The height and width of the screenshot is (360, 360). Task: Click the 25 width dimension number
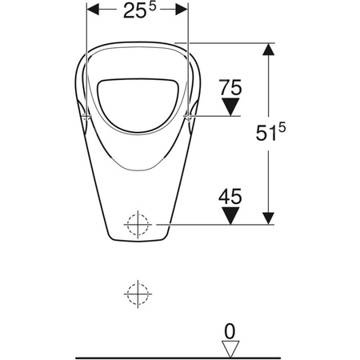(135, 11)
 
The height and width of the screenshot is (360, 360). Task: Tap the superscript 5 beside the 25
(152, 6)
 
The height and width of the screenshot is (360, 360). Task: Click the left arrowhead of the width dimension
(93, 10)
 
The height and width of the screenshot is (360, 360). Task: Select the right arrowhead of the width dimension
(182, 10)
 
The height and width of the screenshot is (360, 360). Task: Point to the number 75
(230, 87)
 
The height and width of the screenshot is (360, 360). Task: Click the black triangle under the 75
(230, 106)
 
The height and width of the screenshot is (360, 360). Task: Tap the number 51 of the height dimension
(266, 133)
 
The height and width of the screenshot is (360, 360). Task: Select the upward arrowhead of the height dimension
(269, 49)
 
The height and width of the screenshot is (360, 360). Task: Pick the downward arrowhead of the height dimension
(269, 218)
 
